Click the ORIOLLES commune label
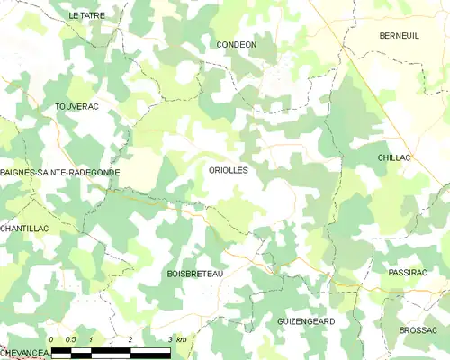pyautogui.click(x=228, y=169)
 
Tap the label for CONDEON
pyautogui.click(x=237, y=44)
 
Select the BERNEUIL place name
pyautogui.click(x=400, y=36)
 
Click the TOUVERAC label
pyautogui.click(x=76, y=106)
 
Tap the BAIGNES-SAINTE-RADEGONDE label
pyautogui.click(x=60, y=171)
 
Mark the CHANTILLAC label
pyautogui.click(x=24, y=229)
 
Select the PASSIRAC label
pyautogui.click(x=407, y=272)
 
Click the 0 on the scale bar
pyautogui.click(x=52, y=339)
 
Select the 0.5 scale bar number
pyautogui.click(x=71, y=339)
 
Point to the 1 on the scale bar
pyautogui.click(x=91, y=339)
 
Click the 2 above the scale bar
pyautogui.click(x=130, y=339)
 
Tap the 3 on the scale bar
pyautogui.click(x=169, y=339)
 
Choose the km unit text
pyautogui.click(x=181, y=339)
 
